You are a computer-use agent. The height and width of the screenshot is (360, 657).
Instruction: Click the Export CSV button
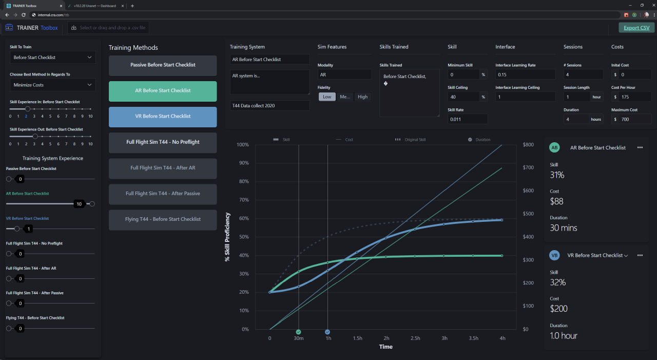coord(636,28)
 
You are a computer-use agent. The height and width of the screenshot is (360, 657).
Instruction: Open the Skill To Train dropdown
coord(52,58)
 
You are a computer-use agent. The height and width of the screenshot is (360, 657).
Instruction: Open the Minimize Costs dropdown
coord(52,85)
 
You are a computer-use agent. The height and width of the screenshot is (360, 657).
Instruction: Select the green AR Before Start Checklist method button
coord(163,91)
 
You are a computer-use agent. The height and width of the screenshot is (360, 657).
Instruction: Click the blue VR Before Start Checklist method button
coord(163,117)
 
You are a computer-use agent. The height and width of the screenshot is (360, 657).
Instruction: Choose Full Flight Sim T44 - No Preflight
coord(163,142)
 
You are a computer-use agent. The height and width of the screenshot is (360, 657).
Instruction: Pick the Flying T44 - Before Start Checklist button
coord(163,219)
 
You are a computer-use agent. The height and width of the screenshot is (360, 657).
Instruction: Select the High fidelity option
coord(362,97)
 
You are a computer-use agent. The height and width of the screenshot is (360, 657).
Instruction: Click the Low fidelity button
coord(327,97)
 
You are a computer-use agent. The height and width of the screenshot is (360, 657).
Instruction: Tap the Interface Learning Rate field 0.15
coord(525,74)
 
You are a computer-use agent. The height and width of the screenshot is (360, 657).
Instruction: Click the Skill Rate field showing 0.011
coord(467,119)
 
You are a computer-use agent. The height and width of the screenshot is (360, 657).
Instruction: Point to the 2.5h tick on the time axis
coord(415,338)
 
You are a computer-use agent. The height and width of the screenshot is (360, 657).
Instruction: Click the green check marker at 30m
coord(299,332)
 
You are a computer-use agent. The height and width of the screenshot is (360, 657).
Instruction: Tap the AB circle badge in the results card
coord(554,147)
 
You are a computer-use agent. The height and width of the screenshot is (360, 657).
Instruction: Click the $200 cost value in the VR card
coord(559,309)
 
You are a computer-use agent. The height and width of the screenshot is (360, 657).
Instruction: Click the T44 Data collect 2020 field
coord(269,105)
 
